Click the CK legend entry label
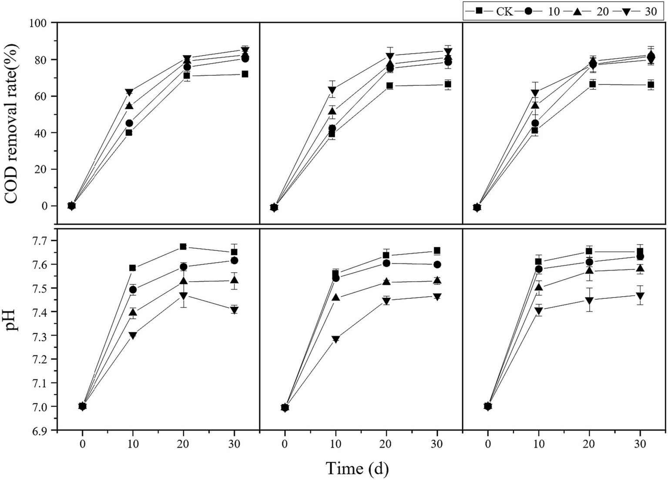click(x=504, y=11)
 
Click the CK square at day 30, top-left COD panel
click(x=245, y=74)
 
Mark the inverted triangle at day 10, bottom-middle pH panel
click(x=336, y=339)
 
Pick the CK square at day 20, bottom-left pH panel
click(x=183, y=247)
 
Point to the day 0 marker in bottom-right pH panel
click(x=488, y=406)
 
